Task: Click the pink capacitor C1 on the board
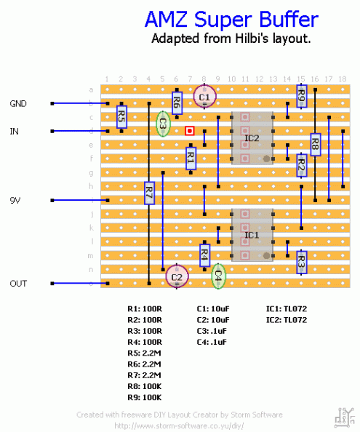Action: tap(204, 96)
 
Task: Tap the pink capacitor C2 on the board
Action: tap(177, 276)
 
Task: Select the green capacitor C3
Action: tap(163, 124)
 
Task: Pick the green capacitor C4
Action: tap(218, 275)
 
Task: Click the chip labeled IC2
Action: tap(252, 137)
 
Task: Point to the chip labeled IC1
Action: tap(252, 235)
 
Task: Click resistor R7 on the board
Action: tap(149, 193)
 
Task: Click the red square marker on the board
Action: tap(190, 131)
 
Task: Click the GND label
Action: tap(18, 104)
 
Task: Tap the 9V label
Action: tap(16, 200)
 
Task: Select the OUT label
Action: tap(18, 284)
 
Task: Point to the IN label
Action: tap(14, 132)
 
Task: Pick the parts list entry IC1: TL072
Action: tap(287, 308)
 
